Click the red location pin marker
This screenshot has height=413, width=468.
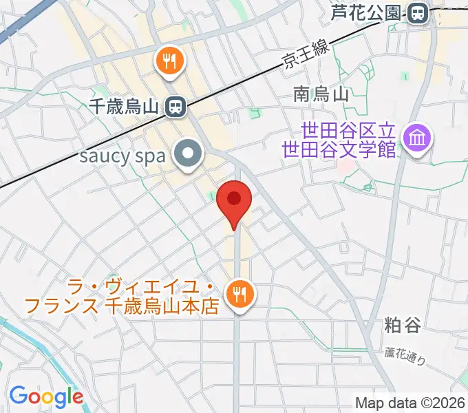click(234, 201)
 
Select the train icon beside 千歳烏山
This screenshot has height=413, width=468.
click(175, 107)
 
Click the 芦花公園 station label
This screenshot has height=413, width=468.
click(368, 12)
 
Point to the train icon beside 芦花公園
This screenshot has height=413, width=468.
click(417, 12)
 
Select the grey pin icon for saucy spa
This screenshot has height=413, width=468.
click(187, 155)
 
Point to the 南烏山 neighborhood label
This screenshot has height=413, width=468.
click(322, 94)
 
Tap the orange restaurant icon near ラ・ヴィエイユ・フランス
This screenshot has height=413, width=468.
click(240, 295)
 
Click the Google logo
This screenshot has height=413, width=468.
click(46, 396)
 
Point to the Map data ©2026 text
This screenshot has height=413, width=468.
click(410, 403)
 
